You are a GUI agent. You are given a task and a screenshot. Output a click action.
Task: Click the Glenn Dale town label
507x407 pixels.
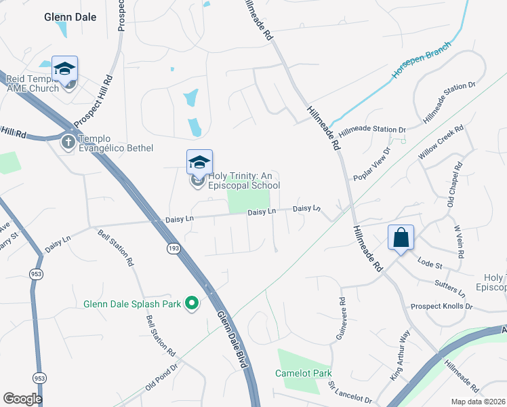(x=70, y=17)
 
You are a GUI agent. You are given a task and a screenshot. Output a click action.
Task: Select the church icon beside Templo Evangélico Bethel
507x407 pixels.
(x=68, y=142)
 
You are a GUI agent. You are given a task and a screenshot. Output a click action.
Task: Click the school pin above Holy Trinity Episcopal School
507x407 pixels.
(x=199, y=162)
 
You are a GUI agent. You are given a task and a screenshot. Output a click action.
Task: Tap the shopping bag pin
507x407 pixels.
(x=401, y=238)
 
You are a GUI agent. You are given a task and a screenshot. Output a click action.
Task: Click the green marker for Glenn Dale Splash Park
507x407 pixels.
(x=192, y=303)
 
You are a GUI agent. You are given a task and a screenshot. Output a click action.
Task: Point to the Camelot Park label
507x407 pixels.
(x=304, y=373)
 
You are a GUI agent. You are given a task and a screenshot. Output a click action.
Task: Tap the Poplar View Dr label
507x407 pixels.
(x=371, y=164)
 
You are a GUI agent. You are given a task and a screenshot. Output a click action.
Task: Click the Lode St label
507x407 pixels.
(x=430, y=263)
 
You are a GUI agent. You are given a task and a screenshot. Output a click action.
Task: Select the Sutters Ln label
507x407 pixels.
(x=450, y=288)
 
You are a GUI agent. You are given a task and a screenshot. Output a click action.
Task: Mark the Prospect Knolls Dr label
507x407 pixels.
(x=441, y=307)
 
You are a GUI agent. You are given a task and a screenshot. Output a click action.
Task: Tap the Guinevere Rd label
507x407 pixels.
(x=341, y=318)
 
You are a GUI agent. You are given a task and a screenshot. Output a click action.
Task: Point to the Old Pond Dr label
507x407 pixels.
(x=161, y=377)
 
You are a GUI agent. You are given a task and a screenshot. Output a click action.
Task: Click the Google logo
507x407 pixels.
(x=22, y=399)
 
